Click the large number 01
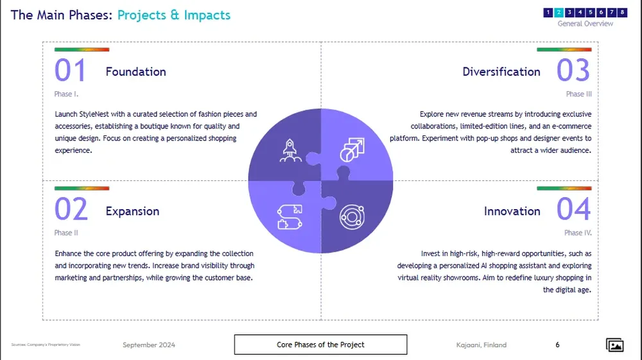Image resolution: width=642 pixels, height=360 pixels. click(70, 71)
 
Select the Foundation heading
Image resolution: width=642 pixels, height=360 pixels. click(135, 72)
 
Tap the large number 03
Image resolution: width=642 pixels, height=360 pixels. click(573, 71)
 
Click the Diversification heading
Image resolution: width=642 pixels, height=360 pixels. click(501, 72)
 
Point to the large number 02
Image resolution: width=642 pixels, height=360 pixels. click(71, 210)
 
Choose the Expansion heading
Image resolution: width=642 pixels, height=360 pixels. click(132, 211)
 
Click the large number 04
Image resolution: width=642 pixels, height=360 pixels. click(573, 210)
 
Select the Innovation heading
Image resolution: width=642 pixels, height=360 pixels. click(512, 211)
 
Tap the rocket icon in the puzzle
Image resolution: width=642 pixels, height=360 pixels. click(290, 150)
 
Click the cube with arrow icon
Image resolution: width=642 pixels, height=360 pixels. click(351, 150)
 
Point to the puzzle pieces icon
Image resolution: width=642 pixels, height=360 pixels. click(289, 214)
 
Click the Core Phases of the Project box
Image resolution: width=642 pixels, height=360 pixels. click(320, 345)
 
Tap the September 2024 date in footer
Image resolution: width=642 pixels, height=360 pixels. click(149, 345)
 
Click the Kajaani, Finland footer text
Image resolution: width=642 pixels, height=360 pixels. click(477, 345)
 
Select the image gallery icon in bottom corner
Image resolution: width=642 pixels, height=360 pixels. click(615, 345)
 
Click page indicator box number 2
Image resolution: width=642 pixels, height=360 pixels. click(559, 12)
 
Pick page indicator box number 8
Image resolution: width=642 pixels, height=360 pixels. click(622, 12)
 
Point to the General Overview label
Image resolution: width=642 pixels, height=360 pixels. click(585, 24)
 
